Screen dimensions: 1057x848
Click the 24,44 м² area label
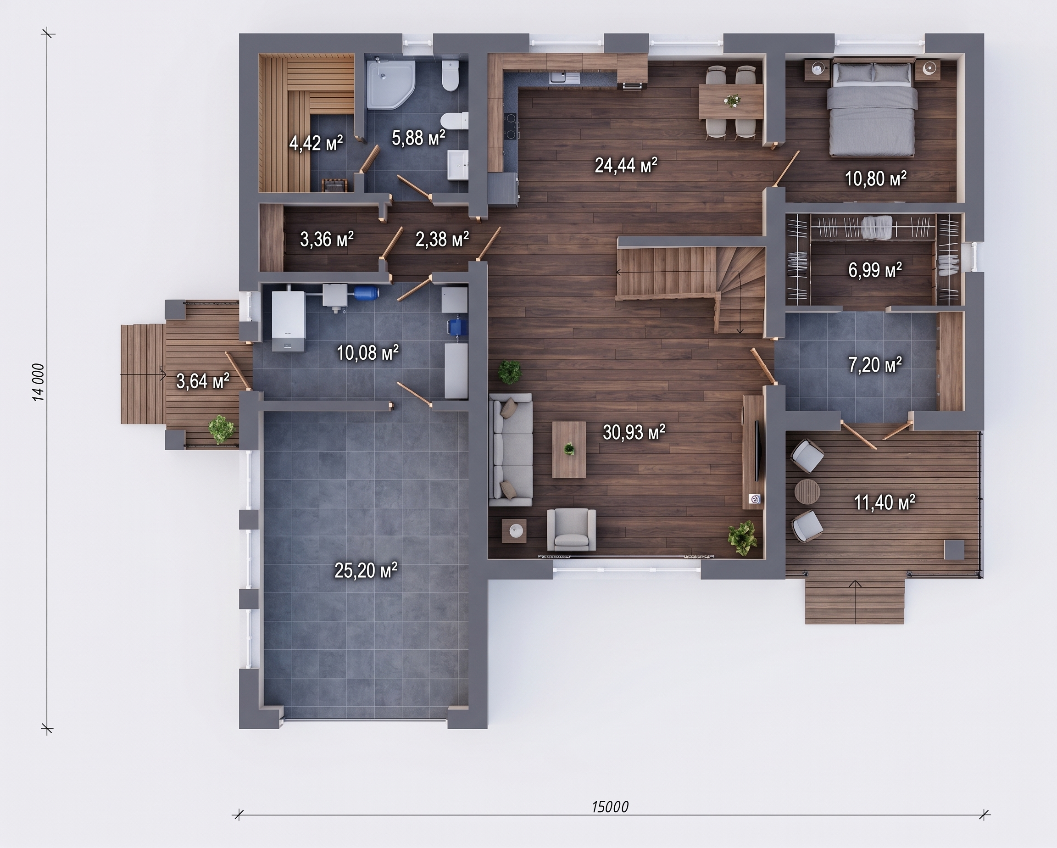626,166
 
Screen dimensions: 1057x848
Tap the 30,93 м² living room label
634,432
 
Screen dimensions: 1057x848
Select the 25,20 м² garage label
366,570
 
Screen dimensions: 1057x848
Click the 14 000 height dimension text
38,382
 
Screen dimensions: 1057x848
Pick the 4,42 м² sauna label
316,143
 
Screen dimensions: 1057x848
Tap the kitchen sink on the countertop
564,78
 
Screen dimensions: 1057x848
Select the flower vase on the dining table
732,100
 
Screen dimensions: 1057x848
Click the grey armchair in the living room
571,529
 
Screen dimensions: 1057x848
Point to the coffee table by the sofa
569,449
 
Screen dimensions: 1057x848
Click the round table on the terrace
807,491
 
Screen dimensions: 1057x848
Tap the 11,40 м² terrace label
885,502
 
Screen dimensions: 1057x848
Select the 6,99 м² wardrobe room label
875,270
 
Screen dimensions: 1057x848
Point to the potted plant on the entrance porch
222,430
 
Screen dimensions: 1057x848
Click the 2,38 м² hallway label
442,240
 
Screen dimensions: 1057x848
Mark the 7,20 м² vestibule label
875,365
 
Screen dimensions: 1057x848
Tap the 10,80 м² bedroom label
876,179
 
